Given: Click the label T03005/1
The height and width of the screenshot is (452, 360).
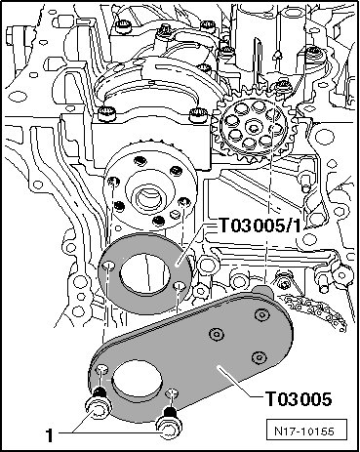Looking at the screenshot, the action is click(x=260, y=226).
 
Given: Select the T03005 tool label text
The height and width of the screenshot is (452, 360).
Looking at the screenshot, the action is click(x=299, y=398).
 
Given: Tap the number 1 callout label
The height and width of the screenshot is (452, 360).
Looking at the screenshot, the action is click(x=49, y=435).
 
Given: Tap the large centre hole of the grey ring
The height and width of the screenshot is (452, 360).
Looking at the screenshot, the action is click(x=145, y=272).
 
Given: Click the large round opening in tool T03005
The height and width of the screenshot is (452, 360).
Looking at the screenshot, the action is click(x=137, y=380).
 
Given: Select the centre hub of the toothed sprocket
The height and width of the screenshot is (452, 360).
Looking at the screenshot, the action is click(x=253, y=127).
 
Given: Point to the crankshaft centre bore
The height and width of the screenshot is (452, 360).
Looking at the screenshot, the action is click(x=148, y=197).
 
